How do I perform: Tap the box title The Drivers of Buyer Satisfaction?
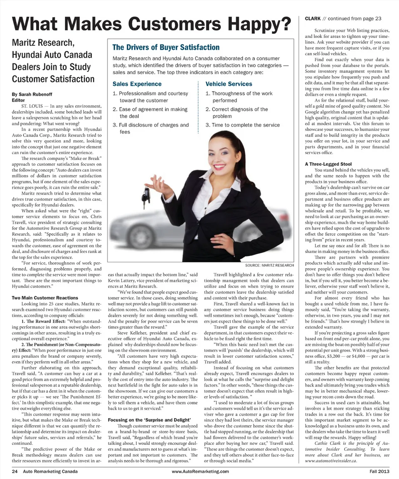(166, 47)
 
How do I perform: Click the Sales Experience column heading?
(137, 84)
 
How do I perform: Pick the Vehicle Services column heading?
(228, 84)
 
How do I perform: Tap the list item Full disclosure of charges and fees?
(151, 128)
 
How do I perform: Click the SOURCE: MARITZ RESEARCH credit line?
(270, 265)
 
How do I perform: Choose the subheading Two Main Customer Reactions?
(45, 298)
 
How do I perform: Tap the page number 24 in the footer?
(15, 472)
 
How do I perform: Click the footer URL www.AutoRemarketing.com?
(200, 472)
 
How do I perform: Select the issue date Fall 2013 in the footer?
(379, 472)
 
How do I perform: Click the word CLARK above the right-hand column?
(313, 18)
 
